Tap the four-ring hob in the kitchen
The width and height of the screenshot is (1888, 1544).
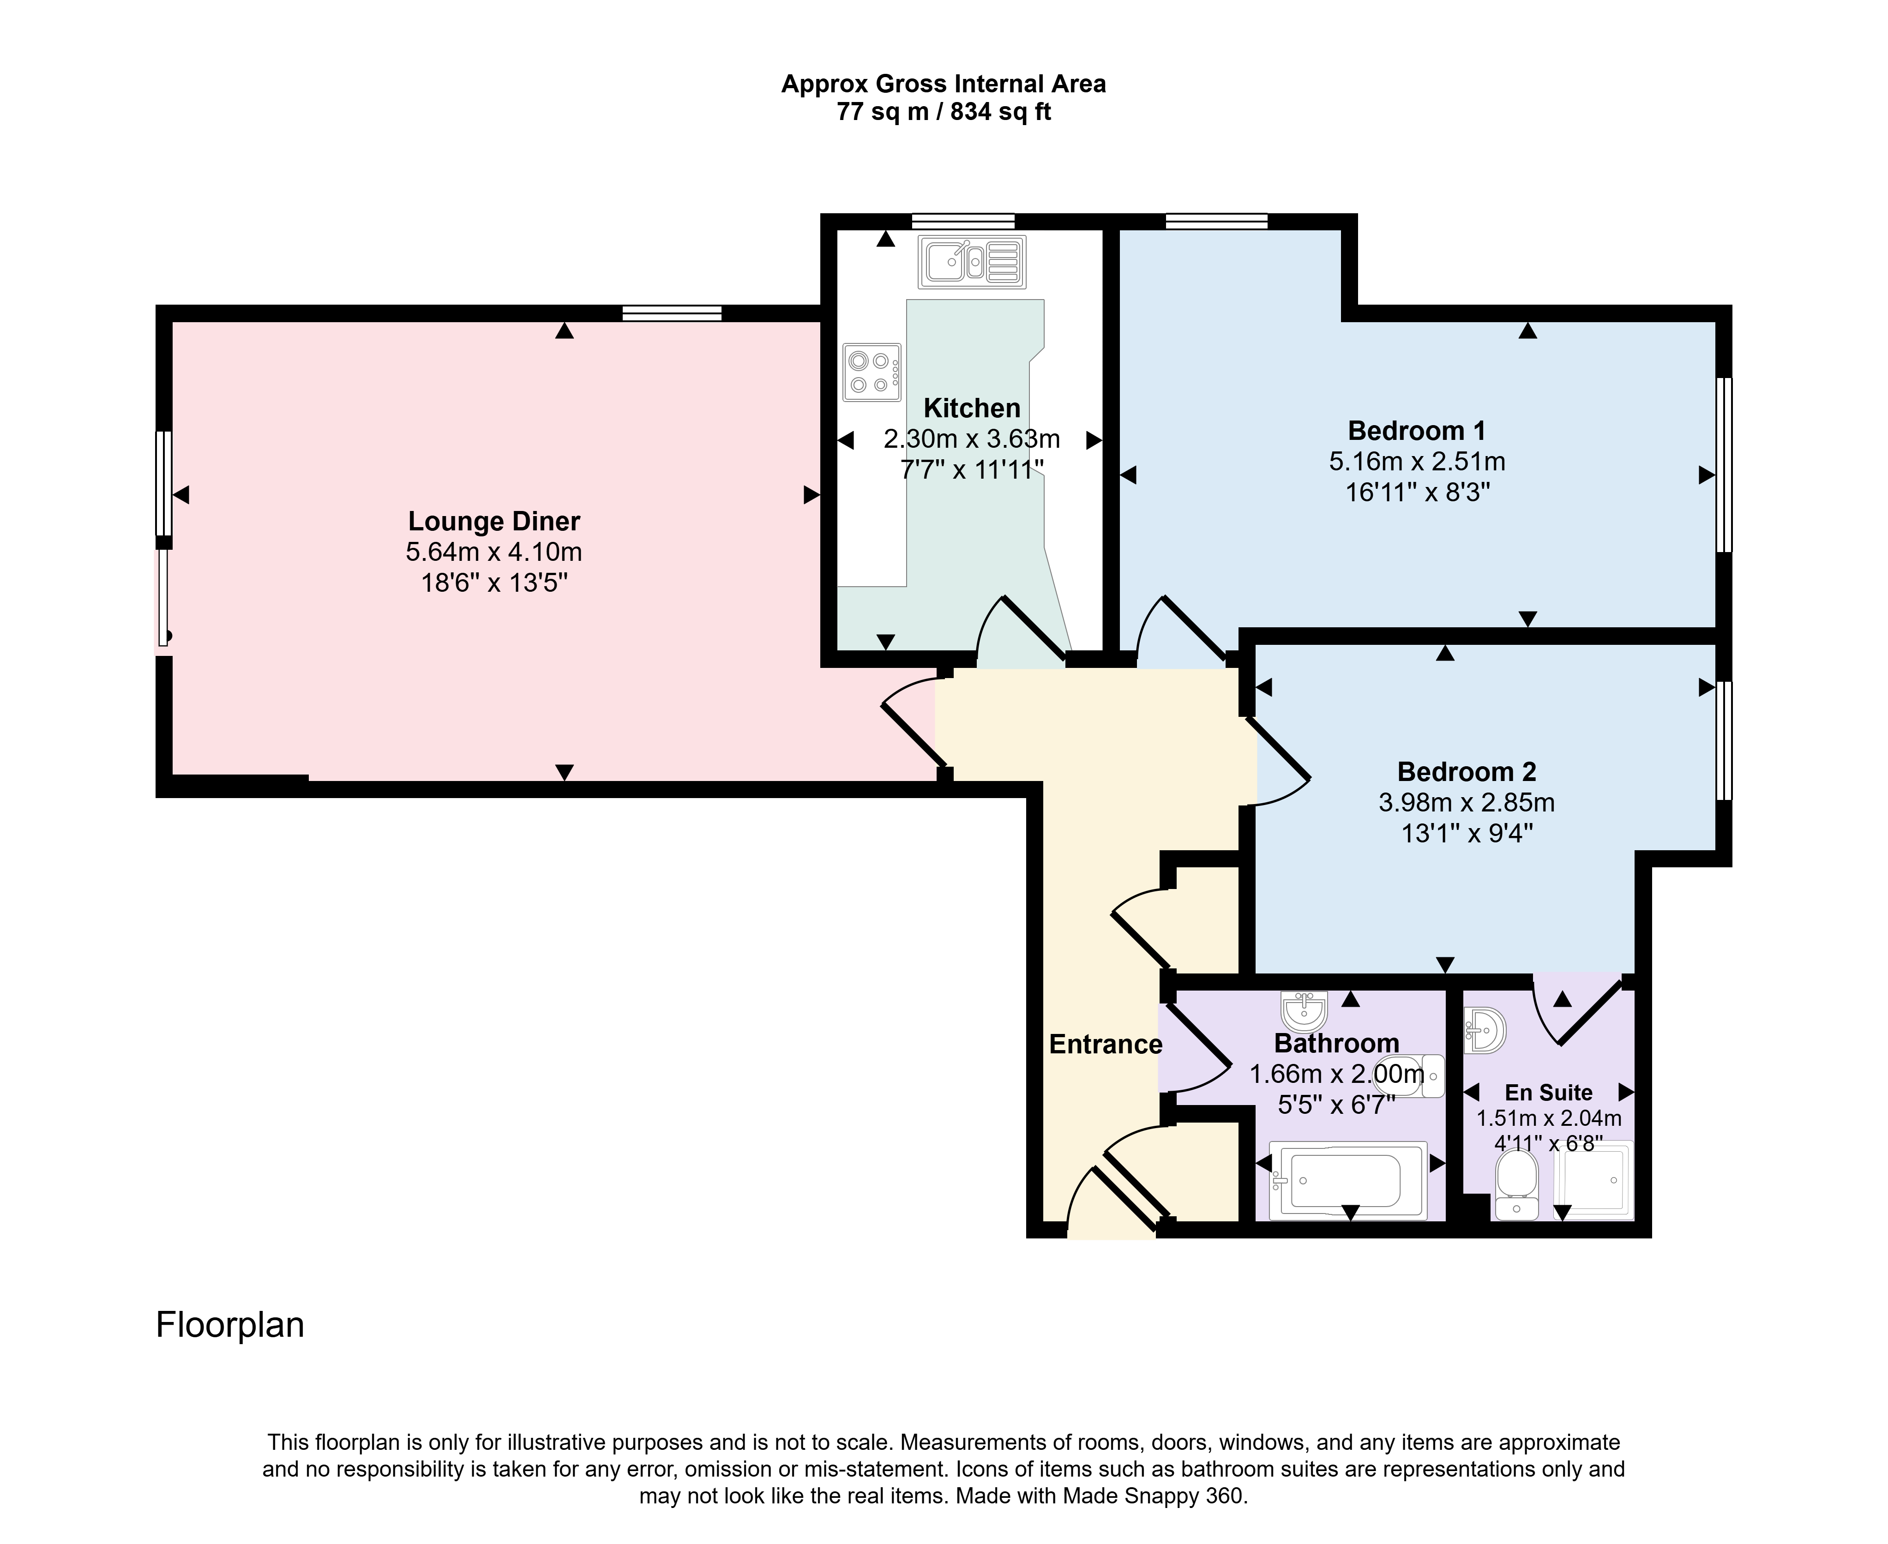point(872,372)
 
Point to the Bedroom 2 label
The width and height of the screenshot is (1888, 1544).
point(1467,771)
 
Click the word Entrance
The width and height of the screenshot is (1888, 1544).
point(1106,1044)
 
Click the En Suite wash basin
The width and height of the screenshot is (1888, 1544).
point(1484,1030)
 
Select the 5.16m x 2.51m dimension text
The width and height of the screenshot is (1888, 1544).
point(1417,462)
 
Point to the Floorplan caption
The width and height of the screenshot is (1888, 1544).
point(230,1325)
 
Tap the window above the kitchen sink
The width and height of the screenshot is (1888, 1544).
point(963,222)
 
